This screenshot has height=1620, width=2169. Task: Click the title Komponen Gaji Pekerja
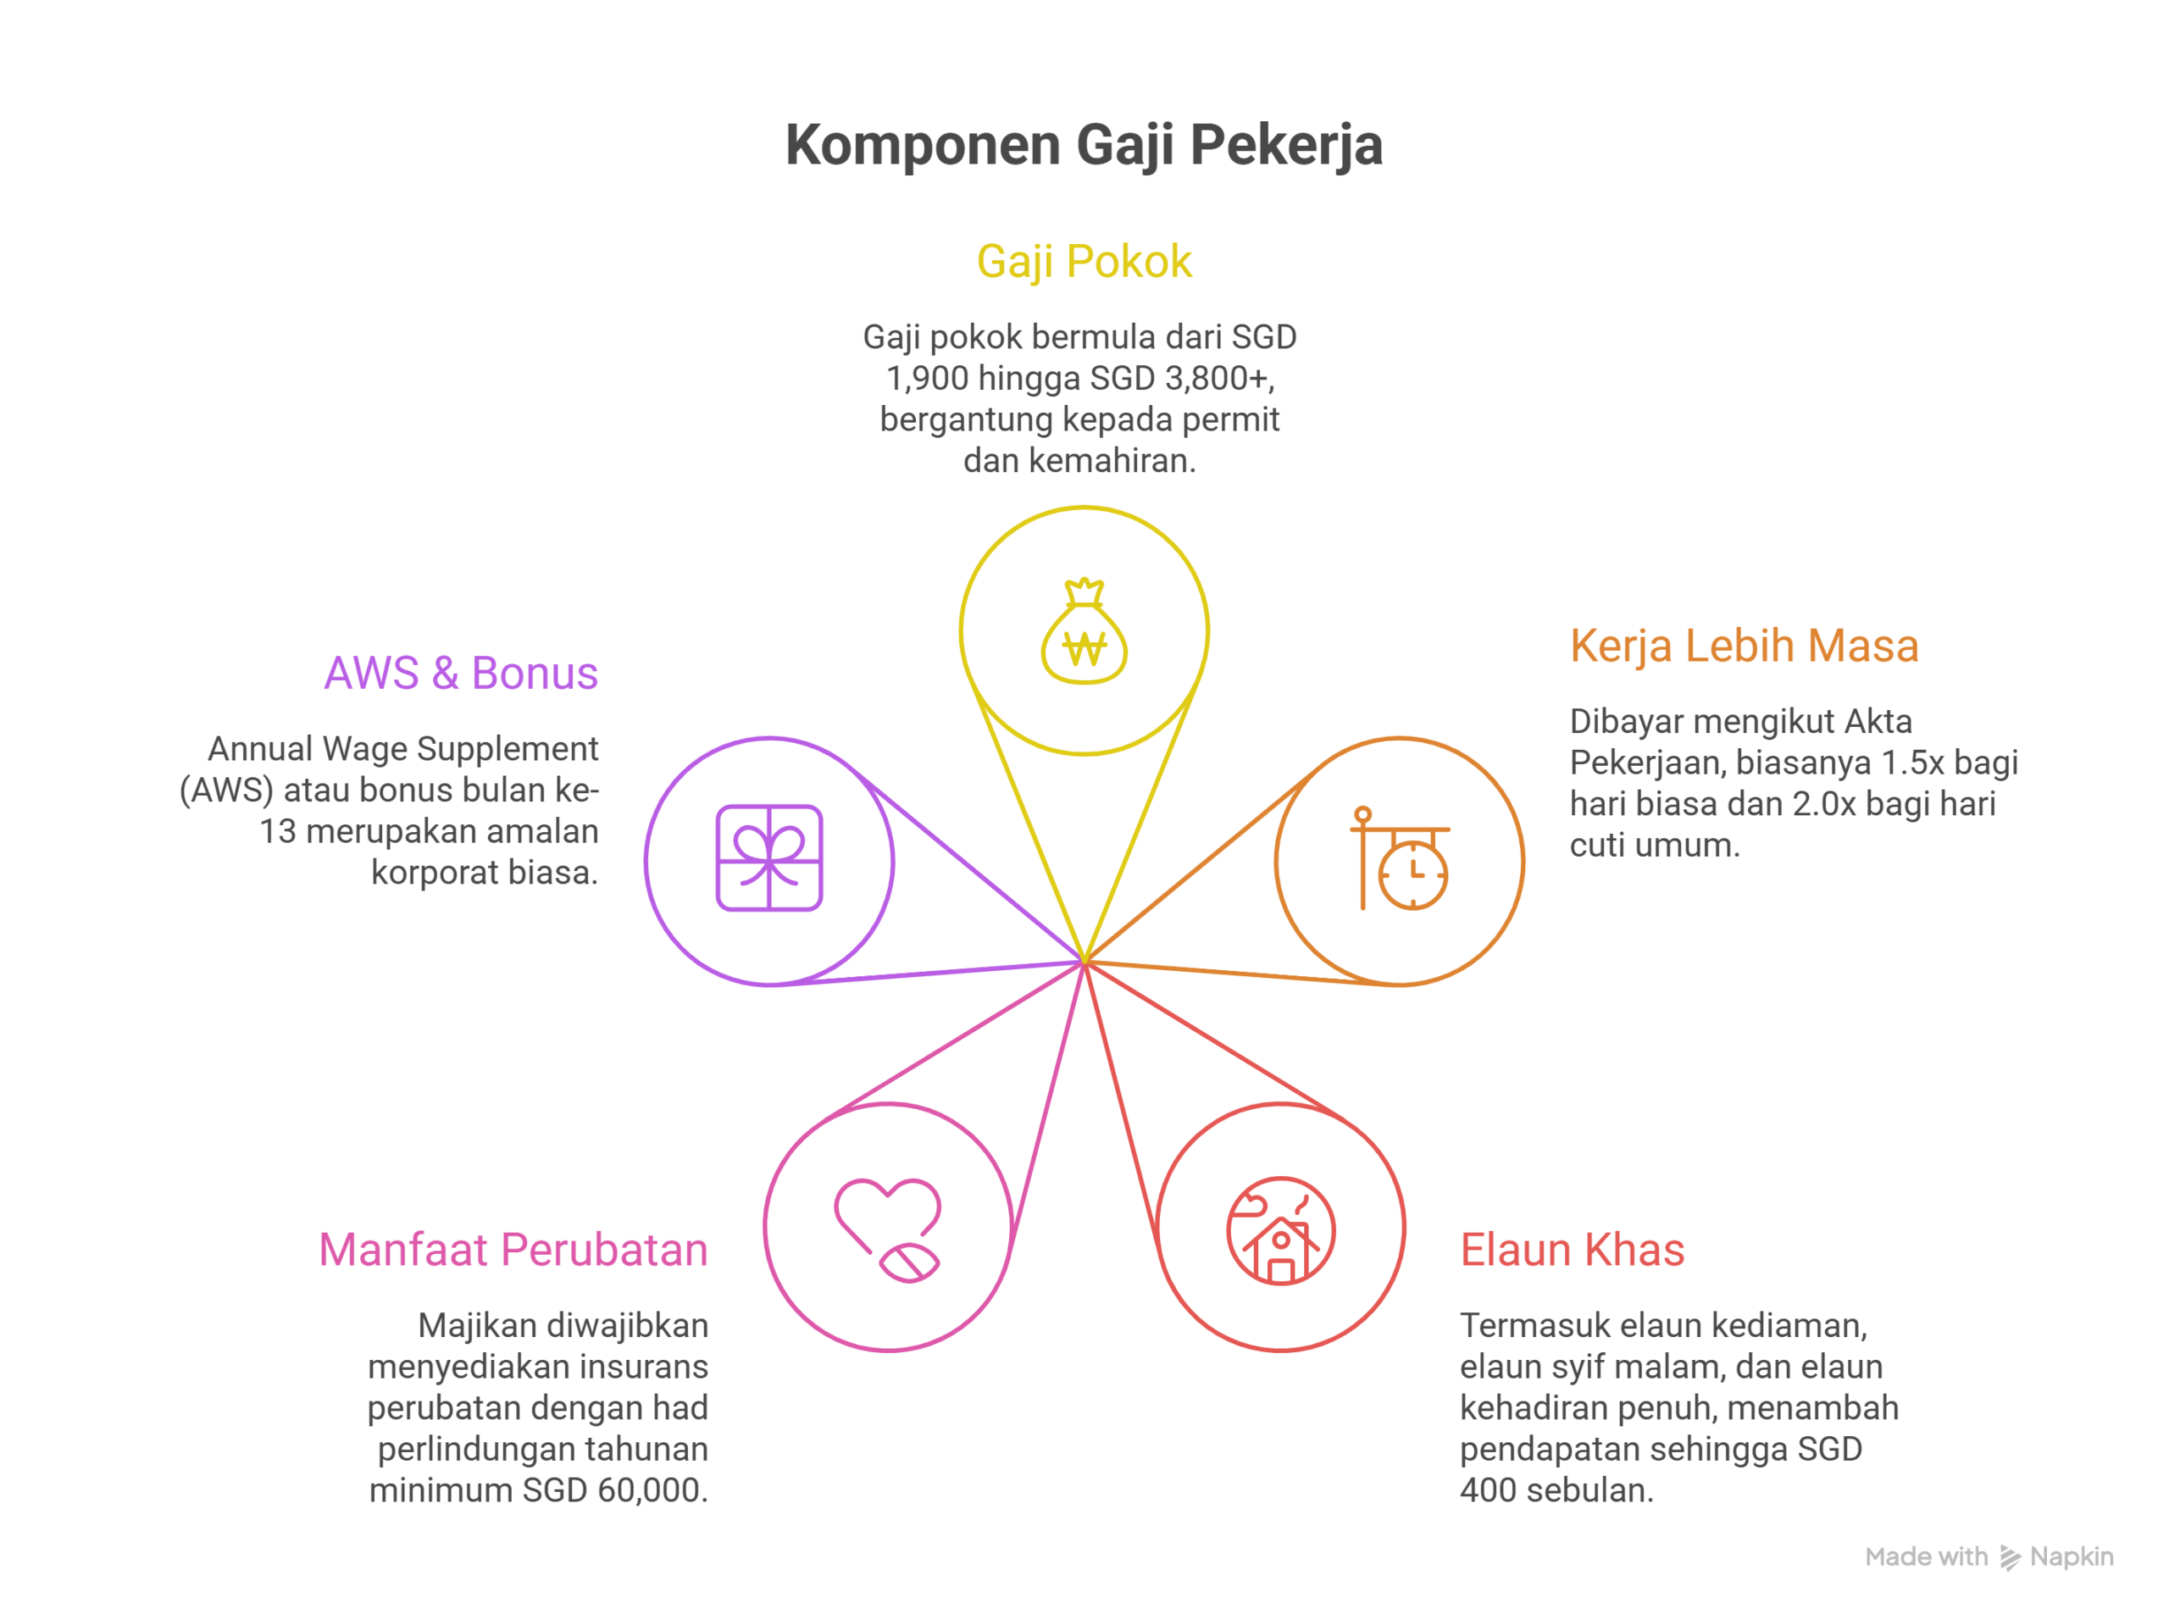(x=1084, y=145)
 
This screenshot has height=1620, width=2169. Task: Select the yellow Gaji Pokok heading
(x=1084, y=262)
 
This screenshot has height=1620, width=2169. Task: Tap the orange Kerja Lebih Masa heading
(x=1744, y=646)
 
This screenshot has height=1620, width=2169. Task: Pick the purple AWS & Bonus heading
(x=461, y=674)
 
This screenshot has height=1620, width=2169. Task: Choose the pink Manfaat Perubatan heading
(x=513, y=1251)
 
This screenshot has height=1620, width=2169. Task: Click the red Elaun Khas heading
(x=1572, y=1251)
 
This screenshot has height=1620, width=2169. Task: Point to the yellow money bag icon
(x=1084, y=633)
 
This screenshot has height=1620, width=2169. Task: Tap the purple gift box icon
(x=768, y=858)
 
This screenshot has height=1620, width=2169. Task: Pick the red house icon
(x=1280, y=1231)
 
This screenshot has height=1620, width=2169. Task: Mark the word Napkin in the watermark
(x=2071, y=1557)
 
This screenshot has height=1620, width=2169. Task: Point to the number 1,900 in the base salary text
(x=927, y=379)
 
